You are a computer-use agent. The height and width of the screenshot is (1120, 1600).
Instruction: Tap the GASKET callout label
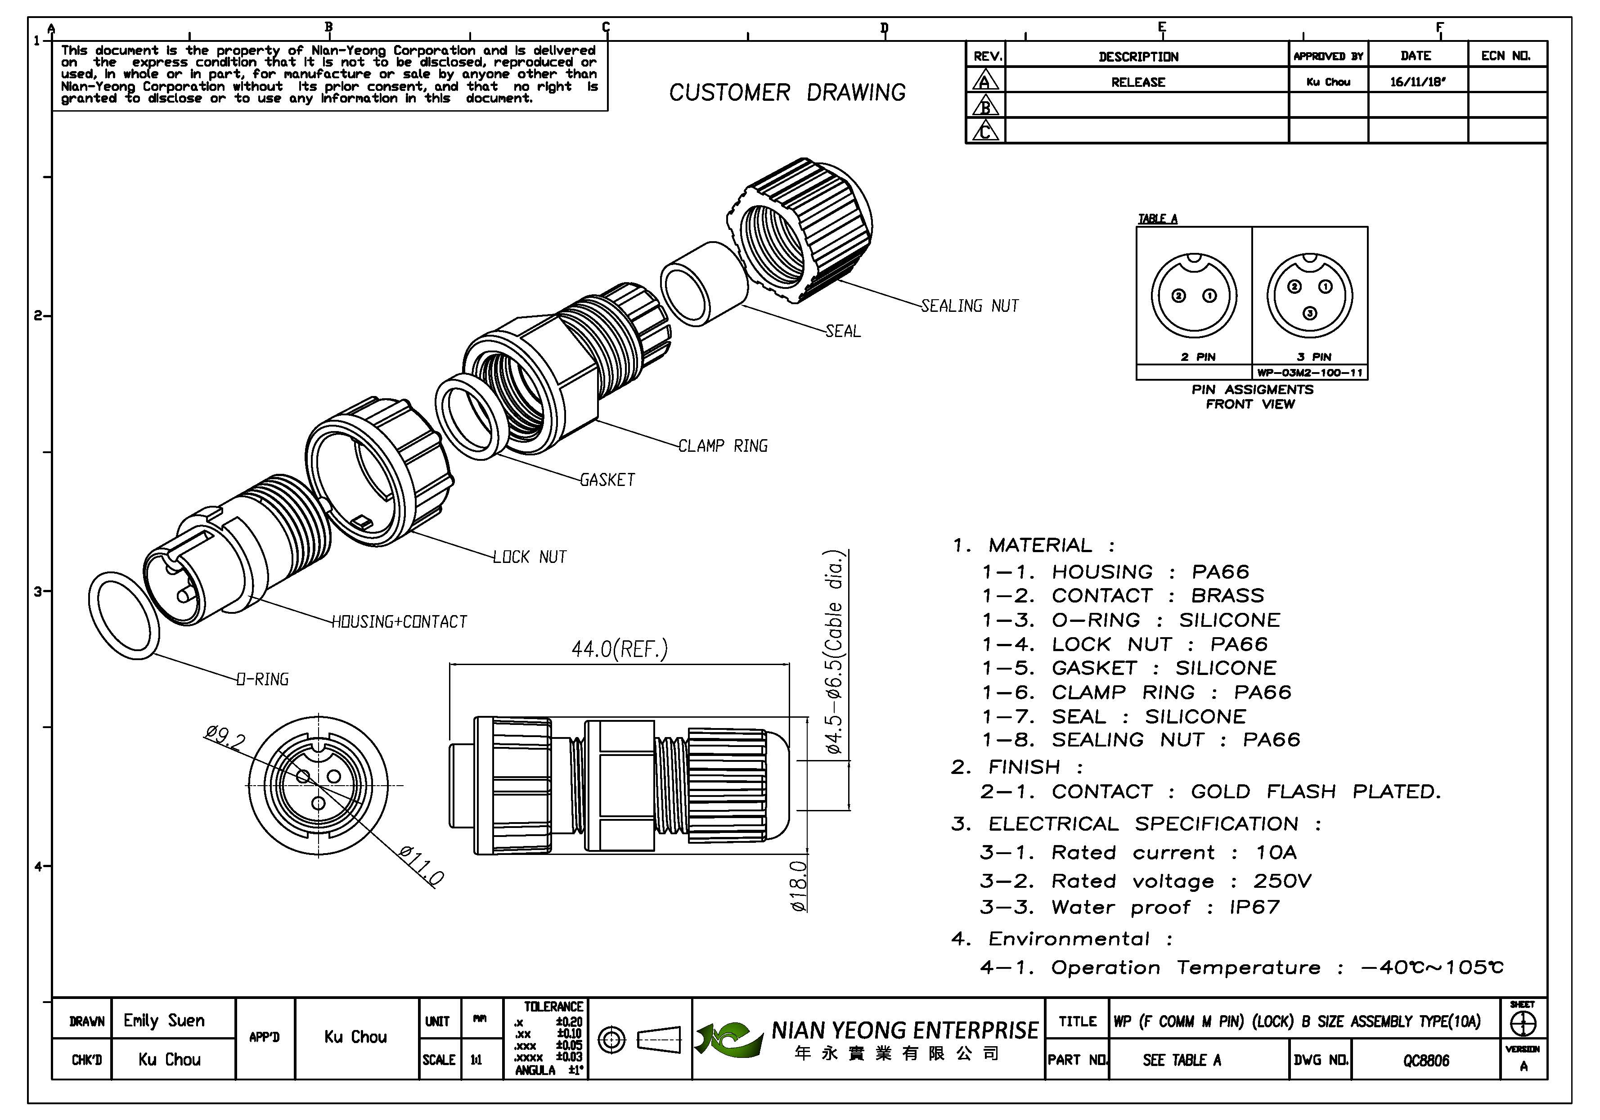click(x=608, y=480)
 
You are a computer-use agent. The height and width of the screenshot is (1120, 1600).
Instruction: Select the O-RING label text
click(x=263, y=679)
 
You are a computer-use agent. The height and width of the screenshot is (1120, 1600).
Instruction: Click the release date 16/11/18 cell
click(x=1417, y=81)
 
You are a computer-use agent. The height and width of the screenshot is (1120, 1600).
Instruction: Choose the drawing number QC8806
click(x=1426, y=1060)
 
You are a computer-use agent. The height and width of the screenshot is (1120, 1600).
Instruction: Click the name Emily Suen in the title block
click(x=165, y=1021)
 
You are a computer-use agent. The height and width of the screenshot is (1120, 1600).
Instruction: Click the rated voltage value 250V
click(x=1282, y=881)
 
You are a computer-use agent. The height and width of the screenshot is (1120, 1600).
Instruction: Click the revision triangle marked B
click(x=985, y=106)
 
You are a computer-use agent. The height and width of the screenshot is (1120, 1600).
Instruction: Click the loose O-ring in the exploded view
click(x=124, y=616)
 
